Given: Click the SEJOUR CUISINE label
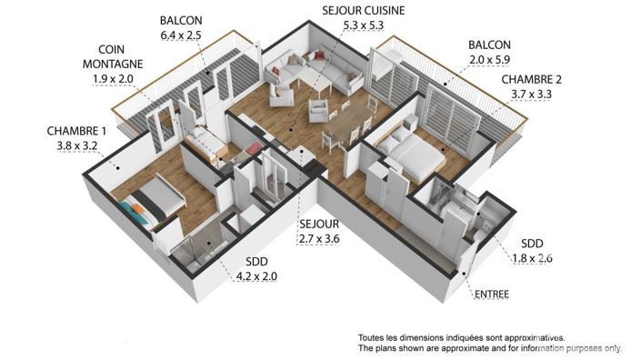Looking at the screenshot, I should click(363, 11).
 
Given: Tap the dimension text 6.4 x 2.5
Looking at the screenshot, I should click(182, 34).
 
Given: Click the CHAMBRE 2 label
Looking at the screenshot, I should click(538, 79).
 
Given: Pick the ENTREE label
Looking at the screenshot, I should click(491, 294).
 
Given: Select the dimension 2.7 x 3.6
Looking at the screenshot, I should click(318, 239).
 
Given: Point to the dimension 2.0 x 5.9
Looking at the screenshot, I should click(489, 59).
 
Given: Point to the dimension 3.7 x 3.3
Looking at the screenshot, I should click(538, 93).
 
